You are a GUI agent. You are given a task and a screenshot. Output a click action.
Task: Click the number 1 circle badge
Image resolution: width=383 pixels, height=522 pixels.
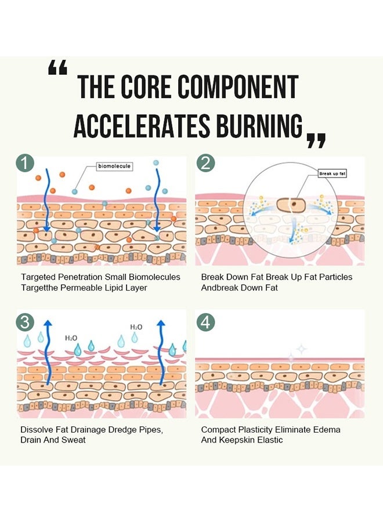[26, 164]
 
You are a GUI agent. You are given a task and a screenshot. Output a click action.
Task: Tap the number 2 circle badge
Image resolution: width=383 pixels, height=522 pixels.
[205, 164]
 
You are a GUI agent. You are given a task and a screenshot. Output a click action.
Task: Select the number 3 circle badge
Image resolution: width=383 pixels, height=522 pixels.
[26, 322]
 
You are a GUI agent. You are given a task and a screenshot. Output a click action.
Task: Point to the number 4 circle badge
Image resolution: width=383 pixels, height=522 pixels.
[205, 322]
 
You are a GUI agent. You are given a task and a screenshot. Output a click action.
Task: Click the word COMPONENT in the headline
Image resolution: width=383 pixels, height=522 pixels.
[238, 87]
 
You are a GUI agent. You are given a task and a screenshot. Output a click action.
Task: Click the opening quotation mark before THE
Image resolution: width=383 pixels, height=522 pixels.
[57, 69]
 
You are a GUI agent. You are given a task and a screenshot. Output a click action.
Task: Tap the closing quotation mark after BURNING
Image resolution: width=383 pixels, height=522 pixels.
[316, 140]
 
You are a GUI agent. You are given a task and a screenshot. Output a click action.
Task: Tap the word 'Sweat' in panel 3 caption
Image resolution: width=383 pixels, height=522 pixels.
[74, 440]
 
